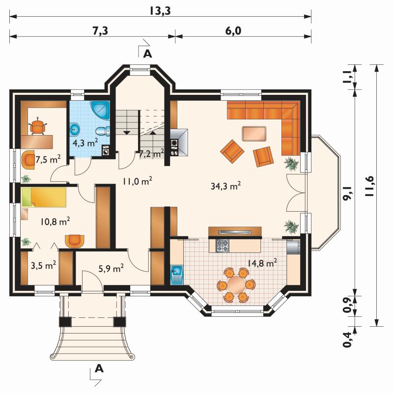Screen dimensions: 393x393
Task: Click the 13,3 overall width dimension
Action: (x=160, y=11)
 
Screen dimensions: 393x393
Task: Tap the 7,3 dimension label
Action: (x=100, y=31)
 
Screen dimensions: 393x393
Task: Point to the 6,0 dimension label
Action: (x=233, y=31)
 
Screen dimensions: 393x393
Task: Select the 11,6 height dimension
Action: (x=369, y=186)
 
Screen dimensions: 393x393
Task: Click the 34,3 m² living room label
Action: (x=226, y=186)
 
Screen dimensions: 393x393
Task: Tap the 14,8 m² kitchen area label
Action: (x=262, y=263)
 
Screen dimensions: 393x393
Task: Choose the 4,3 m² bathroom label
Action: (x=85, y=143)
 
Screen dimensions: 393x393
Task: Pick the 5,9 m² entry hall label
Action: (x=111, y=269)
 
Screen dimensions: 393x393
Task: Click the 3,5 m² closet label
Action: (x=43, y=265)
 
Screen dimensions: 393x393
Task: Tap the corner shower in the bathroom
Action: (x=100, y=110)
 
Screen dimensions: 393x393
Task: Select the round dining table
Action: (x=236, y=285)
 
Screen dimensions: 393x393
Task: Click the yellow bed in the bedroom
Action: (x=44, y=197)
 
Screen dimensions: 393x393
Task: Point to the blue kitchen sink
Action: (x=177, y=275)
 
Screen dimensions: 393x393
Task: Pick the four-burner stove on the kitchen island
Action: (x=223, y=246)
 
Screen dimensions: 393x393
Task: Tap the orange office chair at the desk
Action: (x=38, y=127)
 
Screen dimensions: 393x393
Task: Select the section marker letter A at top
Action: (x=147, y=54)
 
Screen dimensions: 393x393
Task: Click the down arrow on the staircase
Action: (x=127, y=132)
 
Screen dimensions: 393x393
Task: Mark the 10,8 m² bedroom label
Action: (x=55, y=222)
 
